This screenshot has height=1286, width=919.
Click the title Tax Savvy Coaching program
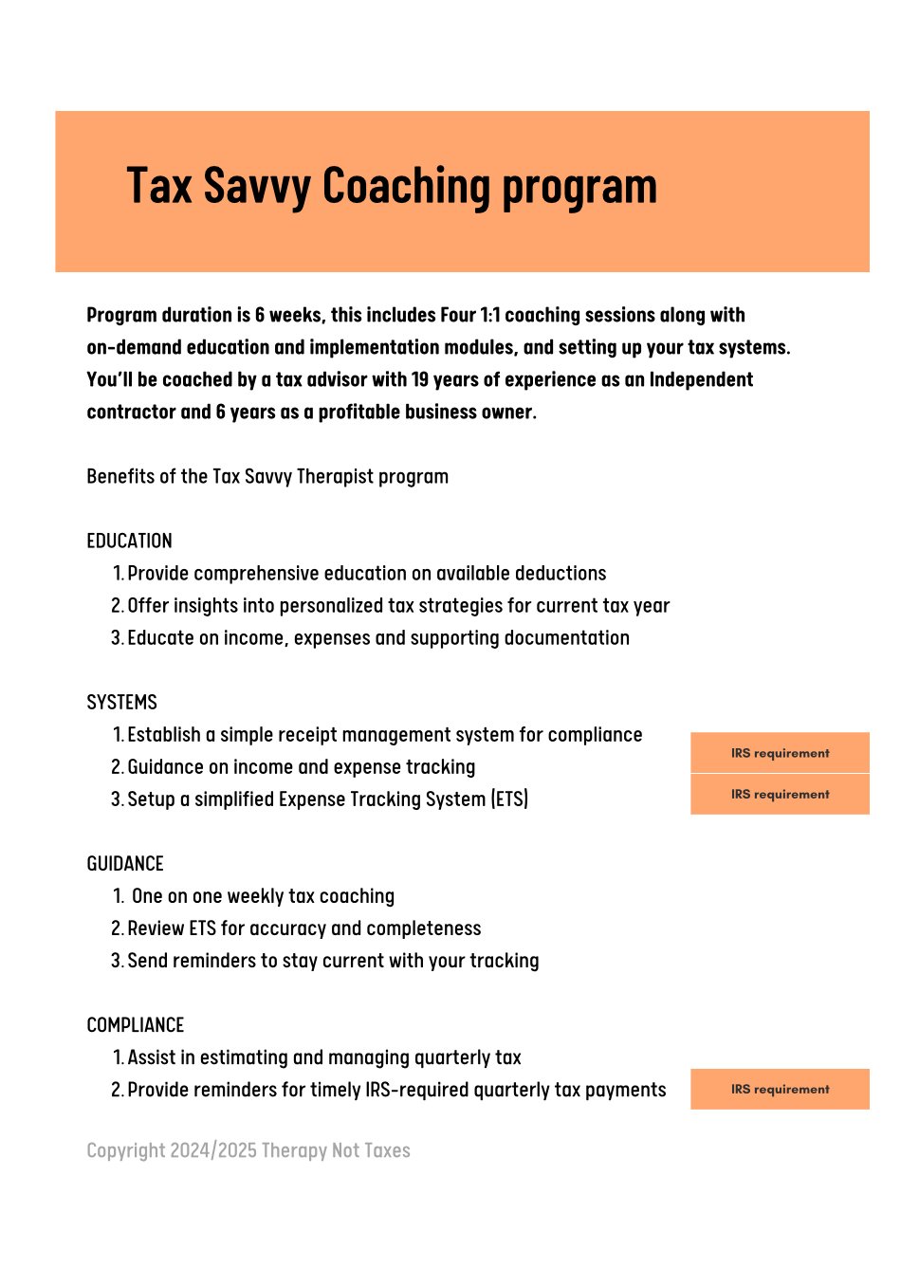(392, 187)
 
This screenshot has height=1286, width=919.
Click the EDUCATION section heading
(129, 541)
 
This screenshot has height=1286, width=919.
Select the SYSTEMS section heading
(121, 702)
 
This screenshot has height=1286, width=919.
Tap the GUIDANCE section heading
(125, 863)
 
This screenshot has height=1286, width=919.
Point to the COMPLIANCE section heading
(135, 1024)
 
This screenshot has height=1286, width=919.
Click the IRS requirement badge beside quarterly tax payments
(780, 1089)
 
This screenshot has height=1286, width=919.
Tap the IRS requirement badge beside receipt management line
(780, 753)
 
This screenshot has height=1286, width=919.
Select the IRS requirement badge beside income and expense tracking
(780, 794)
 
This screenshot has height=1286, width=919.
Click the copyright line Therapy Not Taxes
(248, 1150)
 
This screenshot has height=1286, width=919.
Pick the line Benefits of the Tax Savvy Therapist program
(267, 476)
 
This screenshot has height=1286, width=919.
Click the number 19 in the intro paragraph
(420, 379)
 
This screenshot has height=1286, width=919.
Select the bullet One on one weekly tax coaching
(263, 896)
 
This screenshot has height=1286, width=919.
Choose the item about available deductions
(366, 573)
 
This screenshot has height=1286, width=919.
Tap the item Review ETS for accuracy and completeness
(303, 928)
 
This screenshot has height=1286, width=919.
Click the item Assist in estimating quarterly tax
(323, 1057)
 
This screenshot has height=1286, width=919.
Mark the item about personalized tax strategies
(398, 605)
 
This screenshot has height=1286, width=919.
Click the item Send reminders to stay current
(333, 961)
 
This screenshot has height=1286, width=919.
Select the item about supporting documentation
(377, 637)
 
